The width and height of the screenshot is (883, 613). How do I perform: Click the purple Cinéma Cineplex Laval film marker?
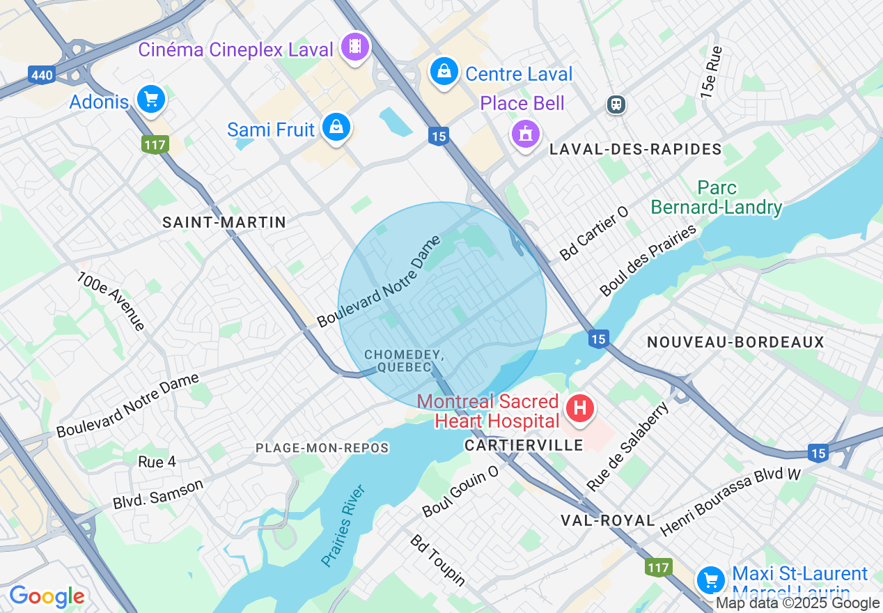pos(356,47)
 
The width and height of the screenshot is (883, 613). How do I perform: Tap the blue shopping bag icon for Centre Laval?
pos(443,72)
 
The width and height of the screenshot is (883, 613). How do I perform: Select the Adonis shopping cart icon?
pos(150,100)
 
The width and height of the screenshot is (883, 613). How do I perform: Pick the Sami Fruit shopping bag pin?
pos(336,127)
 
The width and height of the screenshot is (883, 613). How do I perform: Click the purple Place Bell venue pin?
pos(526,132)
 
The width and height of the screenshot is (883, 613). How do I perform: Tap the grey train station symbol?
pos(616,104)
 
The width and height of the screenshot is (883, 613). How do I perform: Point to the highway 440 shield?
pos(42,75)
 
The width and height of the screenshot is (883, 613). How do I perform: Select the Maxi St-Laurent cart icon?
pos(711,579)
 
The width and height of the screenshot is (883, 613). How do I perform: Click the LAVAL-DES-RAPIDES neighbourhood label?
pos(635,150)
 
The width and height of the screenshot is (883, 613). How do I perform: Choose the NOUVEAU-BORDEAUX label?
pos(735,342)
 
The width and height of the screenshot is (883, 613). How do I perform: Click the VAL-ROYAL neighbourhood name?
pos(608,520)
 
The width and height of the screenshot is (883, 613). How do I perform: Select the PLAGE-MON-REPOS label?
pos(322,448)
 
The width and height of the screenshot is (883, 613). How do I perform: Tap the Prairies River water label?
pos(343,525)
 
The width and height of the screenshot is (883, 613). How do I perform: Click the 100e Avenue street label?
pos(111,301)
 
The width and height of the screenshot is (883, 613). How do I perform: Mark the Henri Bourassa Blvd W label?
pos(730,502)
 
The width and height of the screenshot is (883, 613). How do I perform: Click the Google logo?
pos(47,597)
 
